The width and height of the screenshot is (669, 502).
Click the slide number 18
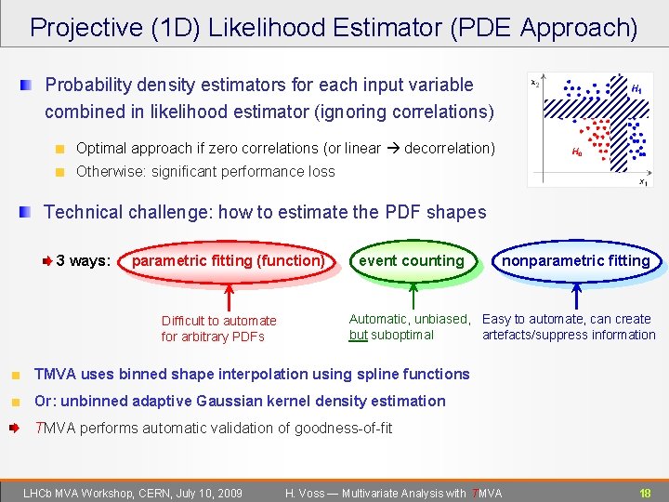pyautogui.click(x=644, y=493)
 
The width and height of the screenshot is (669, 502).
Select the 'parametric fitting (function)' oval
pyautogui.click(x=228, y=261)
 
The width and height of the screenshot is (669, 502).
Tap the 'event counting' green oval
pyautogui.click(x=411, y=261)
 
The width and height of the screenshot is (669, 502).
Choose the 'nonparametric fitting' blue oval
pyautogui.click(x=576, y=261)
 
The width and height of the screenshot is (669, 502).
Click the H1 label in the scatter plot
pyautogui.click(x=636, y=89)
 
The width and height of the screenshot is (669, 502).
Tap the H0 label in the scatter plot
pyautogui.click(x=577, y=152)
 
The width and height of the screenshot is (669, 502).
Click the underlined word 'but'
pyautogui.click(x=358, y=335)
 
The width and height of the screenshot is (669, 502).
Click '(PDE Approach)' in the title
pyautogui.click(x=544, y=27)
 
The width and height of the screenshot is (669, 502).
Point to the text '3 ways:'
pyautogui.click(x=84, y=260)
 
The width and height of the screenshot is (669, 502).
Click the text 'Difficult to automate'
pyautogui.click(x=218, y=321)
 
